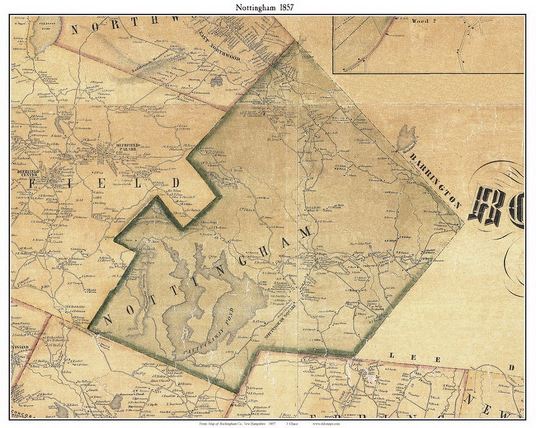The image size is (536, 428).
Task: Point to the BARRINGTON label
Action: coord(435,180)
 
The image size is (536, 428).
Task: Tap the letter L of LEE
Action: coord(392,356)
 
